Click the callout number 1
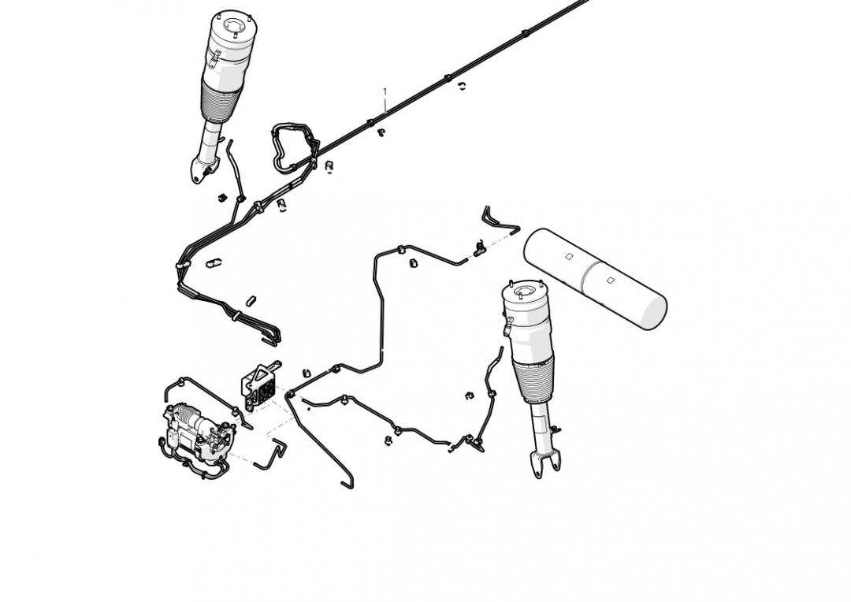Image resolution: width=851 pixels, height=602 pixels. pos(385,92)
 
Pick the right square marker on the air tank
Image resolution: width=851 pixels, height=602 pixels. pos(611,280)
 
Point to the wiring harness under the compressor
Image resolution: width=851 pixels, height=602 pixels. pos(197,465)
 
